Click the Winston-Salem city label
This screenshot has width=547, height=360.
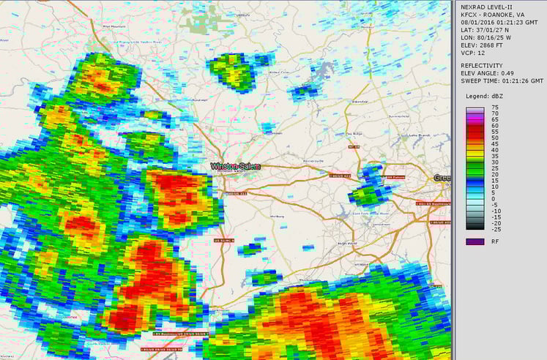pos(230,167)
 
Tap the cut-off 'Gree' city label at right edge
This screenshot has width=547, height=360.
pos(442,179)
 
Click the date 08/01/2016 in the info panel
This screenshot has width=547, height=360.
pos(477,23)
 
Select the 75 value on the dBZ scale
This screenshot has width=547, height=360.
pos(496,108)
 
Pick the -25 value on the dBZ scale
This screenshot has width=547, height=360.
pos(496,229)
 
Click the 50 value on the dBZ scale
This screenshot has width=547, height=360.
pos(496,138)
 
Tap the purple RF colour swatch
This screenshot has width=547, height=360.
pos(474,241)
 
